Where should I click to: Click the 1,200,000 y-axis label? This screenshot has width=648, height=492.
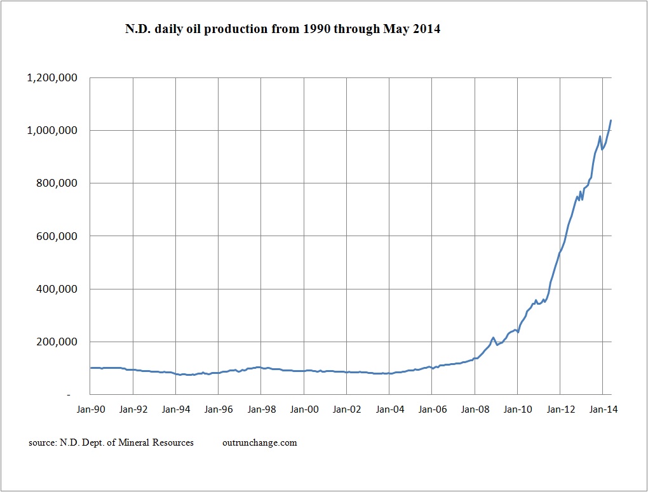coord(51,78)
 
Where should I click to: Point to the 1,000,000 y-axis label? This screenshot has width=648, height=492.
coord(51,131)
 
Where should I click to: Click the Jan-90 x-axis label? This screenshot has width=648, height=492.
coord(90,409)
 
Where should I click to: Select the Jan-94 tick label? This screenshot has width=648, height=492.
coord(176,409)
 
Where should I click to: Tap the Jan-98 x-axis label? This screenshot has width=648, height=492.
coord(261,409)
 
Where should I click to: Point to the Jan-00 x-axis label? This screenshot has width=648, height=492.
coord(304,409)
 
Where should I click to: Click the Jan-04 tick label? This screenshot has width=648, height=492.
coord(389,409)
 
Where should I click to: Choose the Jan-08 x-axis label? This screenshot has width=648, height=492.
coord(475,409)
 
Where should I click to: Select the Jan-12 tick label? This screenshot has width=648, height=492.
coord(560,409)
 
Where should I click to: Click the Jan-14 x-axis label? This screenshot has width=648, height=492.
coord(602,409)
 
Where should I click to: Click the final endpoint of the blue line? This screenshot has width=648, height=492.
coord(611,120)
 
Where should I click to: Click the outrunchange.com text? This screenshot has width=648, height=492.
coord(260,442)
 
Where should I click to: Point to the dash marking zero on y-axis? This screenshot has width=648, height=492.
coord(76,395)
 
